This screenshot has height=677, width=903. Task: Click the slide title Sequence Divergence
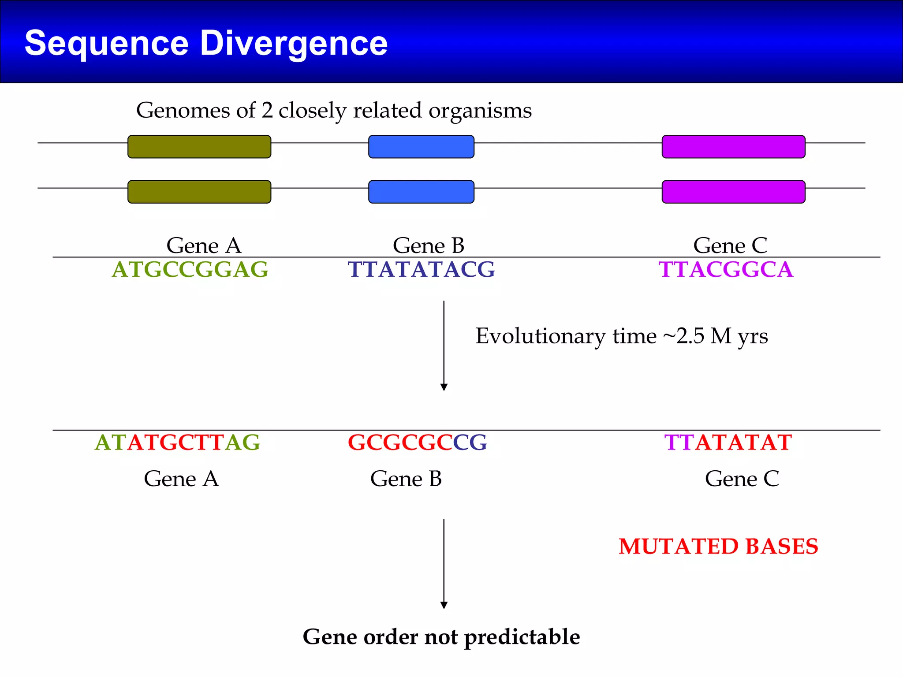coord(206,43)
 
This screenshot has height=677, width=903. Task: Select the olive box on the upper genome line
coord(199,147)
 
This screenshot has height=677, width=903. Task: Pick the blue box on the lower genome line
coord(421,192)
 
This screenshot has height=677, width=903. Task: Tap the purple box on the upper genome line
coord(733,147)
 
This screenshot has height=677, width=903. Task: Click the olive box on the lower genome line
coord(199,192)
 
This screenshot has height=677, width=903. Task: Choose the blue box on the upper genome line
coord(421,147)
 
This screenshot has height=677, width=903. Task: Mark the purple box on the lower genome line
coord(733,192)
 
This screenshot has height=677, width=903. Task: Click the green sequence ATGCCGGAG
coord(190,270)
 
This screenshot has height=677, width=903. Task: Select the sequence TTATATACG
coord(421,270)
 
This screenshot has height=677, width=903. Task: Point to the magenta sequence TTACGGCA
coord(726,270)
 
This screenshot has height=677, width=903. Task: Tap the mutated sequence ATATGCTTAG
coord(177,443)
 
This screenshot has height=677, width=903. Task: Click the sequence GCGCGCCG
coord(417,443)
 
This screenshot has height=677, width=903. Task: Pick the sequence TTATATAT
coord(728,443)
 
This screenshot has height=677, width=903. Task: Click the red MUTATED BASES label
coord(718,547)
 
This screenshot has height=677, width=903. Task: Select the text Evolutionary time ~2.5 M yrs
coord(621,336)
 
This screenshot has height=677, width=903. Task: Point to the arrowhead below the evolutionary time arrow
coord(444,387)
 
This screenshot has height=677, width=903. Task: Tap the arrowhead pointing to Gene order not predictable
coord(444,605)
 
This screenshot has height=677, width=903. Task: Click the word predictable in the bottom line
coord(522,637)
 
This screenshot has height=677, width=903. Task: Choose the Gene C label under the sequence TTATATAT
coord(742,479)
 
